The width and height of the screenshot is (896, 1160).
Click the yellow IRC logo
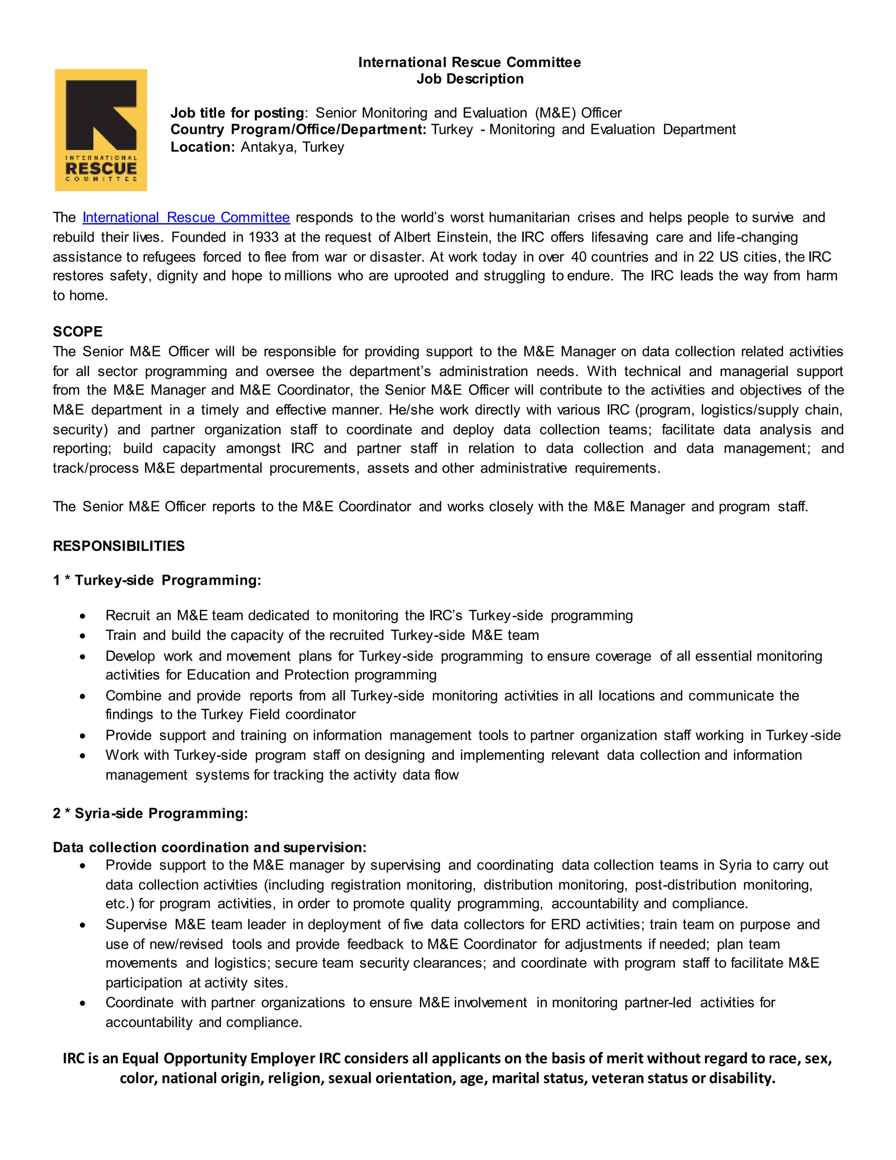tap(101, 130)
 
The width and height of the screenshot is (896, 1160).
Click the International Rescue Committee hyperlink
tap(186, 217)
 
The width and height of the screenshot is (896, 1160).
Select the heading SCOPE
tap(77, 331)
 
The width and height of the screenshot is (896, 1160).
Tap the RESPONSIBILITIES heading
tap(119, 546)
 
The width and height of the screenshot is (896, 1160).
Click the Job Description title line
tap(470, 79)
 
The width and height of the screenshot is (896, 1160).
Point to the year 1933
tap(263, 237)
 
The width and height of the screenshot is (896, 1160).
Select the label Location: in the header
tap(202, 147)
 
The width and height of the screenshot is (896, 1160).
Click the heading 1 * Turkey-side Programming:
tap(157, 580)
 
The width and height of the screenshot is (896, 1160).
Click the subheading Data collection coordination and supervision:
tap(210, 847)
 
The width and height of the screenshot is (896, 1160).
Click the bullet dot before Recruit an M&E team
tap(82, 617)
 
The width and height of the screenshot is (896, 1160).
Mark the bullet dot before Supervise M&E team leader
tap(82, 926)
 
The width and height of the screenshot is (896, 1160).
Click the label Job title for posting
tap(237, 112)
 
